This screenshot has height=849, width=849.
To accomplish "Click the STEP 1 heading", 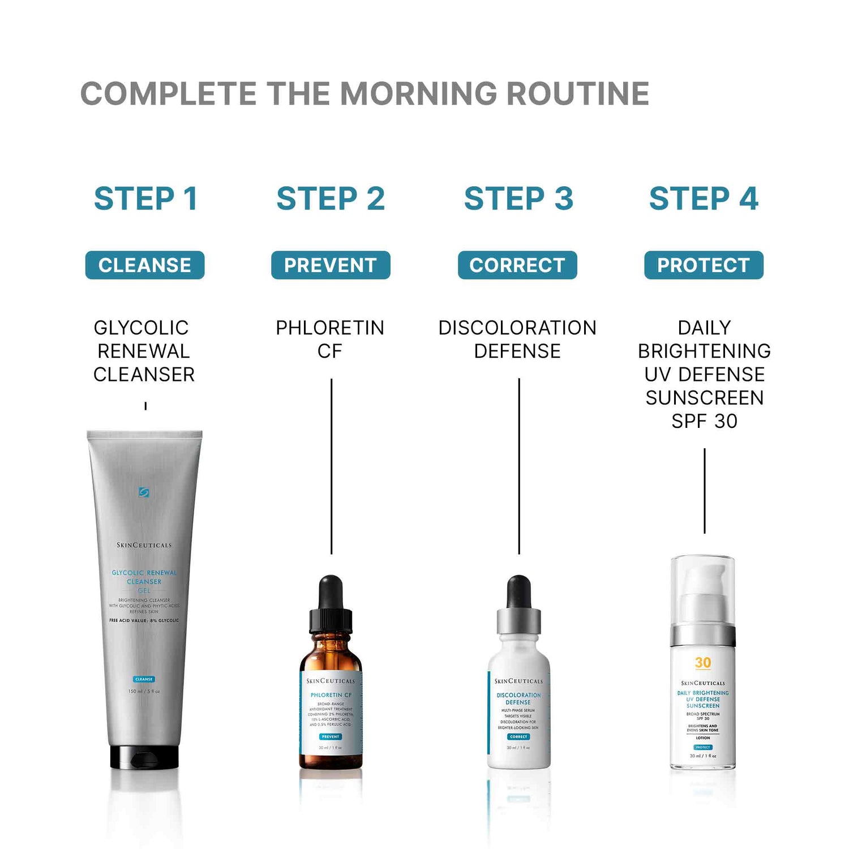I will click(145, 199).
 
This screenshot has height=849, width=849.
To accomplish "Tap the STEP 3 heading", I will click(518, 199).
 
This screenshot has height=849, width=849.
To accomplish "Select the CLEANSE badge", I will click(145, 265).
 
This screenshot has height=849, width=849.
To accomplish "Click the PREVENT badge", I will click(331, 265).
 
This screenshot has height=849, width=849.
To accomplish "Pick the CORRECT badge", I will click(517, 265).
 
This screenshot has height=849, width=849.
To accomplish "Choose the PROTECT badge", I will click(704, 265).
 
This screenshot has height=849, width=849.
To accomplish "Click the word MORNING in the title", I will click(418, 94).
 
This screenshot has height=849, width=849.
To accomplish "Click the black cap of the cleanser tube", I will click(144, 757).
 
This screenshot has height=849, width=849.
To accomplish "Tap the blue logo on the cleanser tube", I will click(144, 492).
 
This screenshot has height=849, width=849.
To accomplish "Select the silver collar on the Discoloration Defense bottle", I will click(518, 621).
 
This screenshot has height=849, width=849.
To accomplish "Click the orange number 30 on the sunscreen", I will click(703, 663).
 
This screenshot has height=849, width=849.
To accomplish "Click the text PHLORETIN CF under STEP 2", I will click(330, 339).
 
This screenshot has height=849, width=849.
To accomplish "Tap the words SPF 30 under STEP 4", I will click(704, 421).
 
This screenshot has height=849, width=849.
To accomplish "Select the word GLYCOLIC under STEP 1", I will click(141, 328).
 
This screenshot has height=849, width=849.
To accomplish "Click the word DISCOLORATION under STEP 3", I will click(517, 328).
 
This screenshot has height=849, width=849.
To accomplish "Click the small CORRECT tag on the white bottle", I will click(518, 737).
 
